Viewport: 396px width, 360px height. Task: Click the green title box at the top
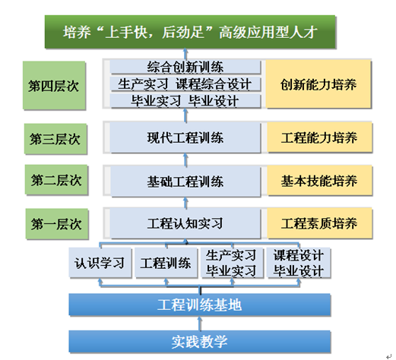click(190, 32)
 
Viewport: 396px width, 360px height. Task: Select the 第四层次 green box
click(54, 86)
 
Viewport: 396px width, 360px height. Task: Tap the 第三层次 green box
click(55, 139)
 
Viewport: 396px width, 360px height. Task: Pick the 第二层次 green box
click(56, 180)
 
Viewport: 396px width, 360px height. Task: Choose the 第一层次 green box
click(57, 224)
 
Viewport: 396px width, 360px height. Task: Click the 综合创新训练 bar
click(185, 67)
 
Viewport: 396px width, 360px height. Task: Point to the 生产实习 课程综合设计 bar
click(185, 84)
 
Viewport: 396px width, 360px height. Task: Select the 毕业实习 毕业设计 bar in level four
click(185, 101)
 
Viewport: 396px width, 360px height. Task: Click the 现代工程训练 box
click(185, 137)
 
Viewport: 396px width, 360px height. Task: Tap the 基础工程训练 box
click(185, 182)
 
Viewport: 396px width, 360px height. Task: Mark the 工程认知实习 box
click(185, 223)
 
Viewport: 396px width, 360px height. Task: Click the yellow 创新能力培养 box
click(318, 84)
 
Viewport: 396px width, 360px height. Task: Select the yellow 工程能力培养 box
click(319, 137)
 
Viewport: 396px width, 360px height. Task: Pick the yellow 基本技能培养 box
click(319, 181)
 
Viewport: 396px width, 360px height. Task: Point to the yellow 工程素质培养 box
click(319, 223)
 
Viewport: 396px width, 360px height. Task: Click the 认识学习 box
click(100, 263)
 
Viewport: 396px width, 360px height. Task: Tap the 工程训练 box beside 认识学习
click(166, 263)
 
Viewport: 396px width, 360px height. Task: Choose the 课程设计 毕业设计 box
click(299, 263)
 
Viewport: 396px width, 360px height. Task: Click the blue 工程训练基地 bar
click(200, 305)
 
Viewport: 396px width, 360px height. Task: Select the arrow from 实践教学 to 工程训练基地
click(200, 324)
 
